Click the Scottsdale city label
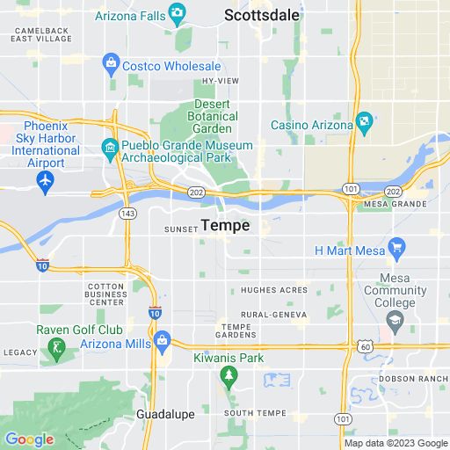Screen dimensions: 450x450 [261, 15]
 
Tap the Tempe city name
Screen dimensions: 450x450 [225, 226]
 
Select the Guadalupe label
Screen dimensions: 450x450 [163, 412]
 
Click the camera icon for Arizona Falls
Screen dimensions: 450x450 [178, 12]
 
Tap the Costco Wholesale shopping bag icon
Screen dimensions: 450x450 [111, 62]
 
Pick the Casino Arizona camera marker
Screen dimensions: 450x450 [362, 120]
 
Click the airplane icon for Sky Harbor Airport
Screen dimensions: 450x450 [46, 180]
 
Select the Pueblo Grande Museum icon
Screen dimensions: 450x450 [111, 145]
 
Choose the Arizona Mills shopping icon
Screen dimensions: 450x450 [162, 339]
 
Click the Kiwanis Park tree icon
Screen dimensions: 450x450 [229, 375]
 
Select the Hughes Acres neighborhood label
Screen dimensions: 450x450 [273, 290]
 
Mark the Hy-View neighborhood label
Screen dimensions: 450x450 [220, 81]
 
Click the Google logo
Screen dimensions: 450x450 [29, 439]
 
